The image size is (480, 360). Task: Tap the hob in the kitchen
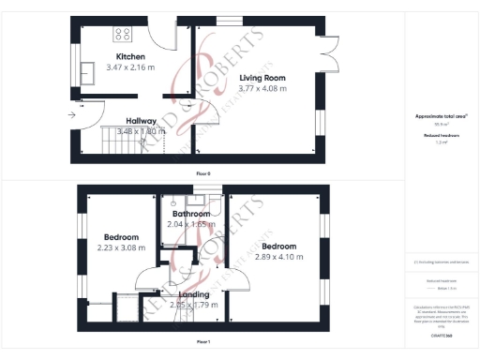point(123,35)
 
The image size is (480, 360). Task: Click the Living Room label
point(262,78)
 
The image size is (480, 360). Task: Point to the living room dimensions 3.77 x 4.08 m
point(262,88)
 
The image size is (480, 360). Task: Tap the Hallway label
point(141,120)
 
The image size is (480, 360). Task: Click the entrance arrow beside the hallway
point(72,113)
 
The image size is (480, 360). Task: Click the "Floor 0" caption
point(202,174)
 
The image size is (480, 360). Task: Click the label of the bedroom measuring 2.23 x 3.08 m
point(121,237)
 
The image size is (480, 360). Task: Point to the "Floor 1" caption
point(202,341)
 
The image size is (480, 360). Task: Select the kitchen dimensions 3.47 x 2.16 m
point(130,67)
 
